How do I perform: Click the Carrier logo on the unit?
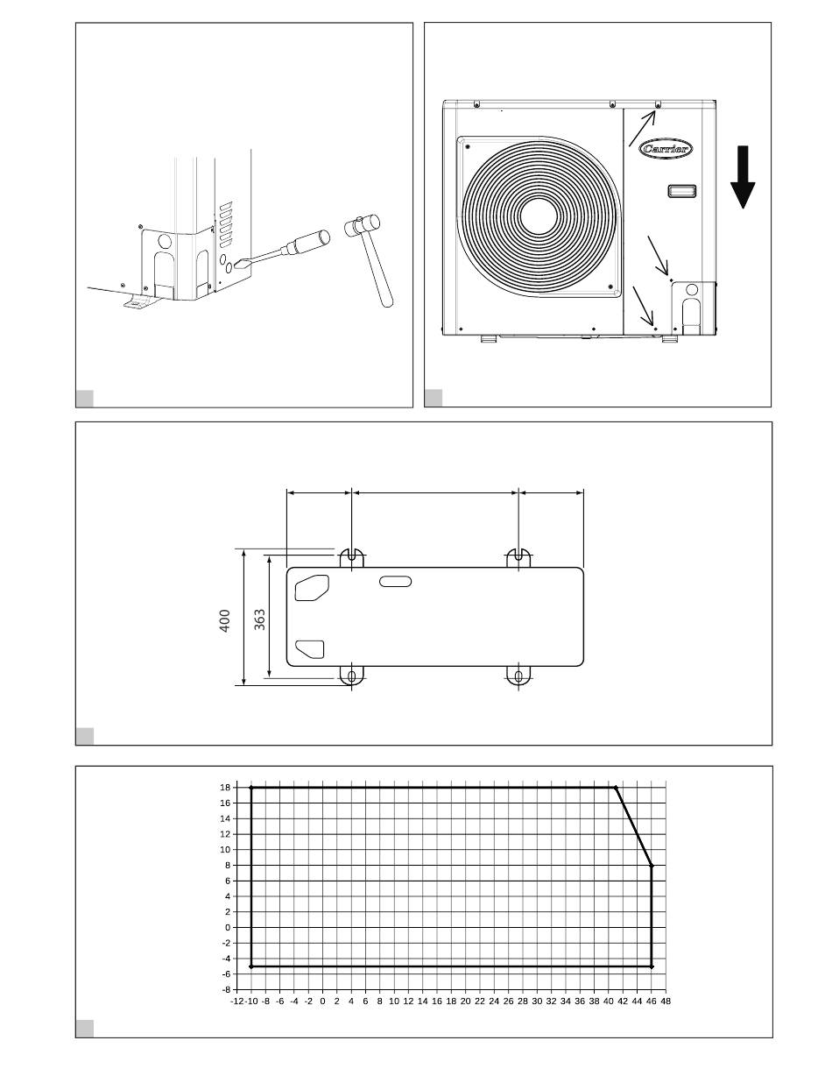coord(666,148)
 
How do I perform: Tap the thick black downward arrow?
coord(742,177)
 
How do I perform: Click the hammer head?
coord(363,225)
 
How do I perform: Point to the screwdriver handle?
coord(307,241)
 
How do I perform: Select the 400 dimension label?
coord(225,620)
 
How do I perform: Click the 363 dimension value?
coord(259,619)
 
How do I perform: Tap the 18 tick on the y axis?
coord(225,788)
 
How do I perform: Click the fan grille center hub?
coord(539,216)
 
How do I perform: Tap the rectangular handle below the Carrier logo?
coord(681,191)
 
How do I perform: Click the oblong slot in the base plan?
coord(395,582)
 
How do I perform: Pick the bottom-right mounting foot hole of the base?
coord(518,676)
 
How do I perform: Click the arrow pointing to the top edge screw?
coord(642,129)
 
